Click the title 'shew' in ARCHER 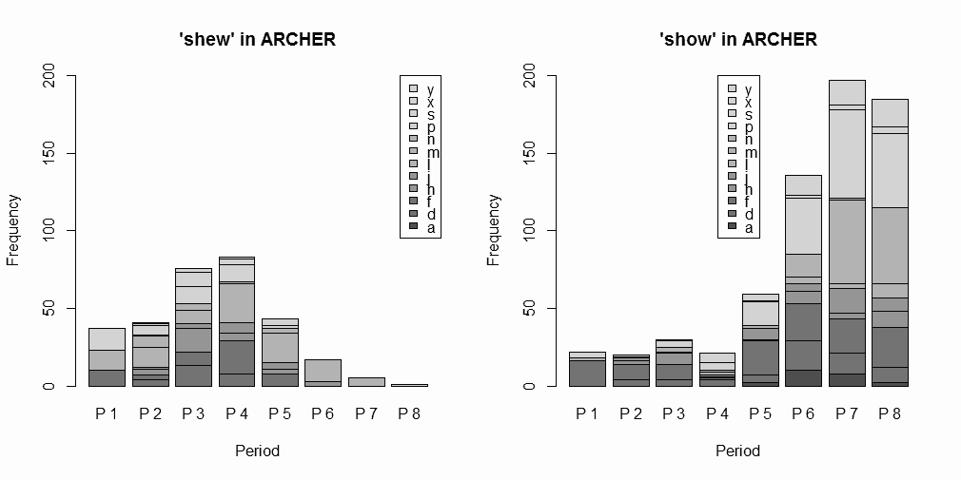[257, 40]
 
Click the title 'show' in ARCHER [738, 40]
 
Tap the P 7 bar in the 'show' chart [847, 233]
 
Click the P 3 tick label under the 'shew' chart [192, 413]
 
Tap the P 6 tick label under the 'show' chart [803, 413]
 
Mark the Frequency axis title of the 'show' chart [494, 230]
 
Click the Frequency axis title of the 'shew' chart [13, 230]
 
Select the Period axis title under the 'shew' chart [257, 451]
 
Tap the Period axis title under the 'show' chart [738, 451]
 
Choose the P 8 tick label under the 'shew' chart [409, 413]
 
